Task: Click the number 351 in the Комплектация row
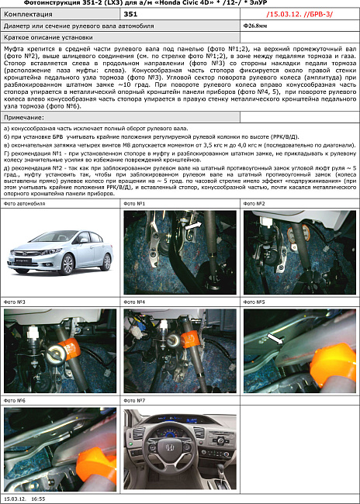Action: [x=131, y=14]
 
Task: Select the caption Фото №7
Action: [x=136, y=400]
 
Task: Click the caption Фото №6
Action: [x=16, y=400]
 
